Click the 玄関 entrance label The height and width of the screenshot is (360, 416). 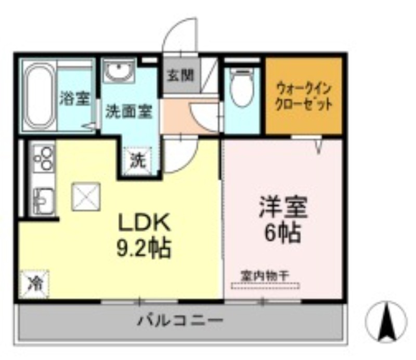pos(180,75)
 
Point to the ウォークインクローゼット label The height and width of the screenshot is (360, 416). pos(304,96)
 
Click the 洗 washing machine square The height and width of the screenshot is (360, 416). pos(138,161)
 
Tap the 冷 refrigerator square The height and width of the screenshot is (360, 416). pos(35,284)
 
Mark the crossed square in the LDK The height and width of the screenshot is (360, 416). pos(86,197)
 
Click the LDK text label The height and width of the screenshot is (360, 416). pos(144,222)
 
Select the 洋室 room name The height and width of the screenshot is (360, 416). pos(283,207)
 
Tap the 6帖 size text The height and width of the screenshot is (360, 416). pos(283,233)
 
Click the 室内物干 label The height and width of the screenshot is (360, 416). pos(265,276)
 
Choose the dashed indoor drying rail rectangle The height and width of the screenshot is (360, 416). pos(265,286)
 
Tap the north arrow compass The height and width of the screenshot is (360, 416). pos(386,321)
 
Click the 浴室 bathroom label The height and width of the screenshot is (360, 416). pos(75,98)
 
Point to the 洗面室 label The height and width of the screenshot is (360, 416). pos(129,111)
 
